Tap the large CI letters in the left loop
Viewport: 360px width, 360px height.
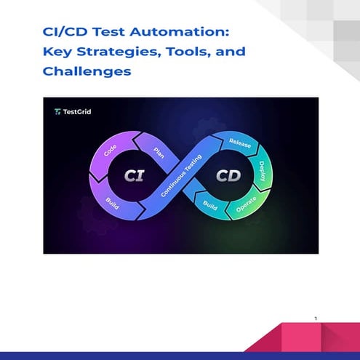(x=133, y=176)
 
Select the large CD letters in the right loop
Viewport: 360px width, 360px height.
(x=225, y=176)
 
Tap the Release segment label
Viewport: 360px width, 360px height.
(x=240, y=143)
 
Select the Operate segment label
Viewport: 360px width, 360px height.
(x=247, y=209)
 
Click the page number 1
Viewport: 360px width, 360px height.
(x=316, y=319)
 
